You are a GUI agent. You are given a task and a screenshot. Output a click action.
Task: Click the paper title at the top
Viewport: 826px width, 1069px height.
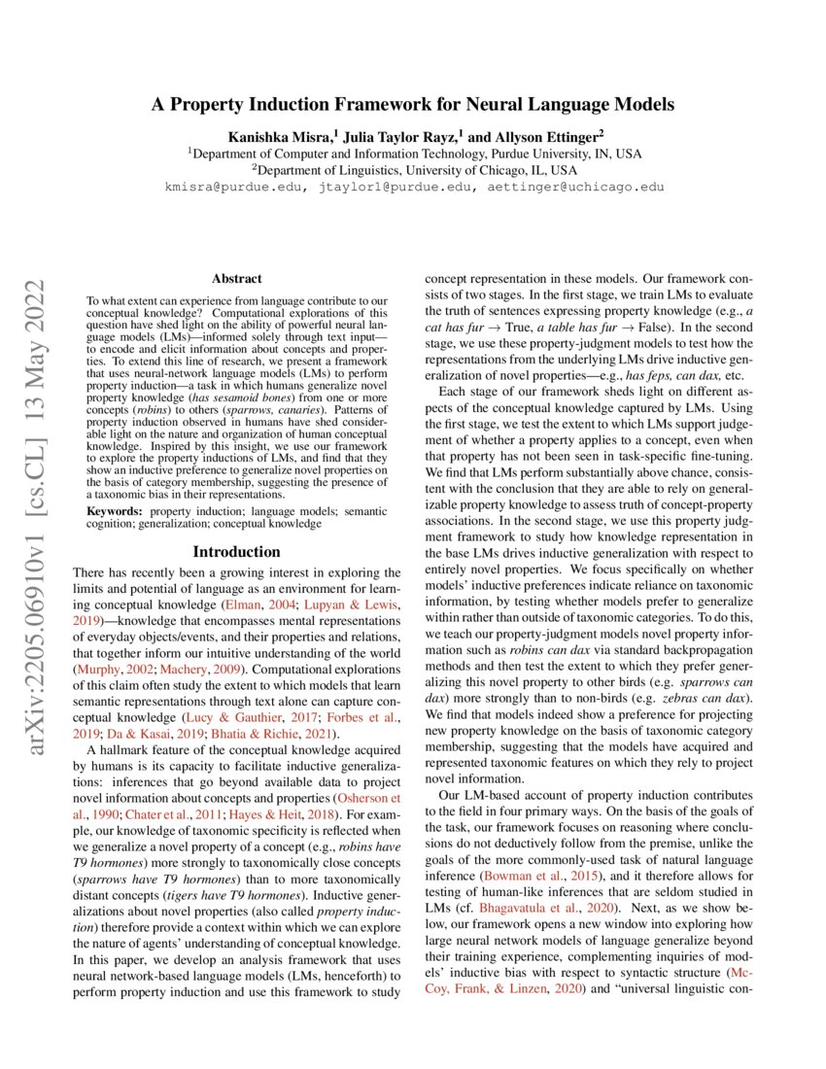(x=413, y=104)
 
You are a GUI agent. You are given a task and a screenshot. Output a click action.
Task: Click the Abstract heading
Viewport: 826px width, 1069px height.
(x=237, y=278)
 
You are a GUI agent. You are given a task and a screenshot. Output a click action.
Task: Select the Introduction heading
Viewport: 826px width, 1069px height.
(x=236, y=551)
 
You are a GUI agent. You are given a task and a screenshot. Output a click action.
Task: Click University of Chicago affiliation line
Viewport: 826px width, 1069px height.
(x=413, y=169)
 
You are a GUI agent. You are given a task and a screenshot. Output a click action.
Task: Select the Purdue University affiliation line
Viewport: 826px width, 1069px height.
(x=413, y=154)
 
